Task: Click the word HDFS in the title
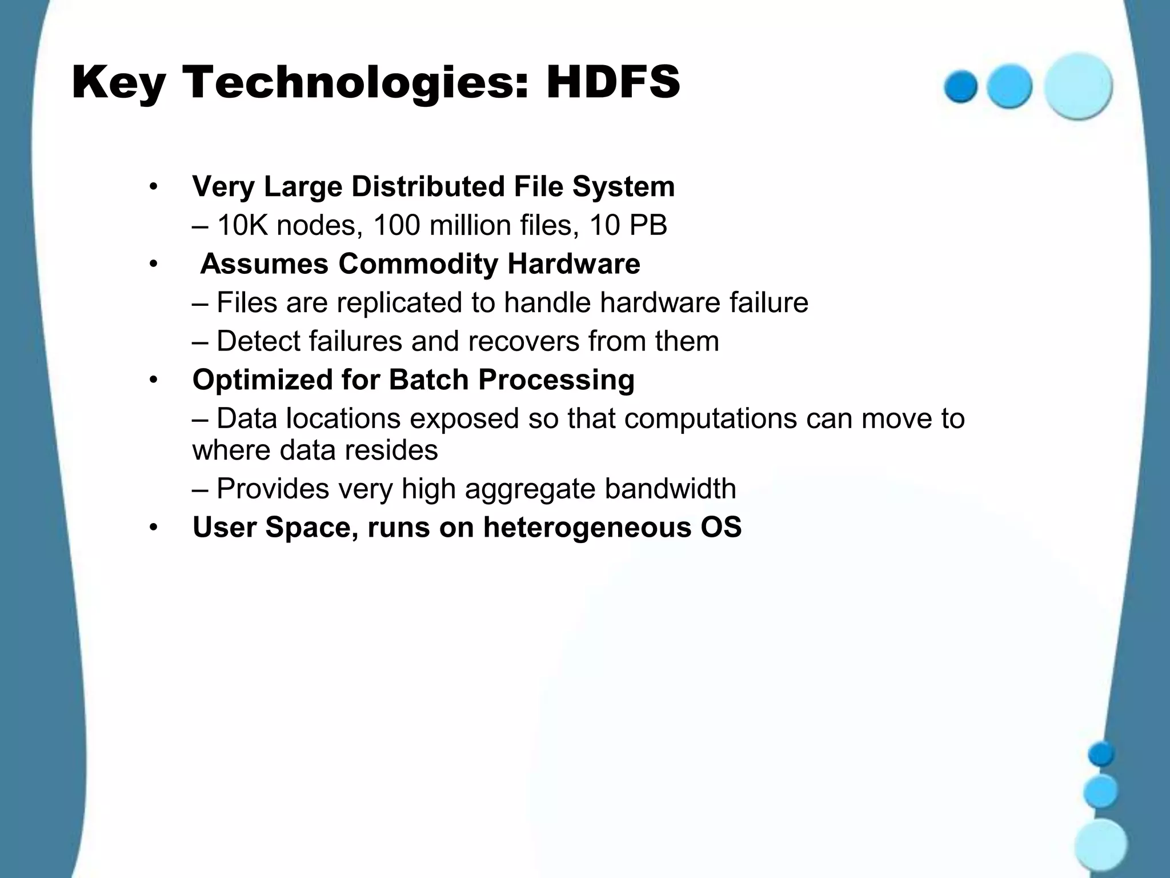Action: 612,83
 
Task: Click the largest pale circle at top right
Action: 1078,86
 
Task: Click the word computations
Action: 710,418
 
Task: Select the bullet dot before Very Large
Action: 153,187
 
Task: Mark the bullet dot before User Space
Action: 153,528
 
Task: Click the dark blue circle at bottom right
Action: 1101,754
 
